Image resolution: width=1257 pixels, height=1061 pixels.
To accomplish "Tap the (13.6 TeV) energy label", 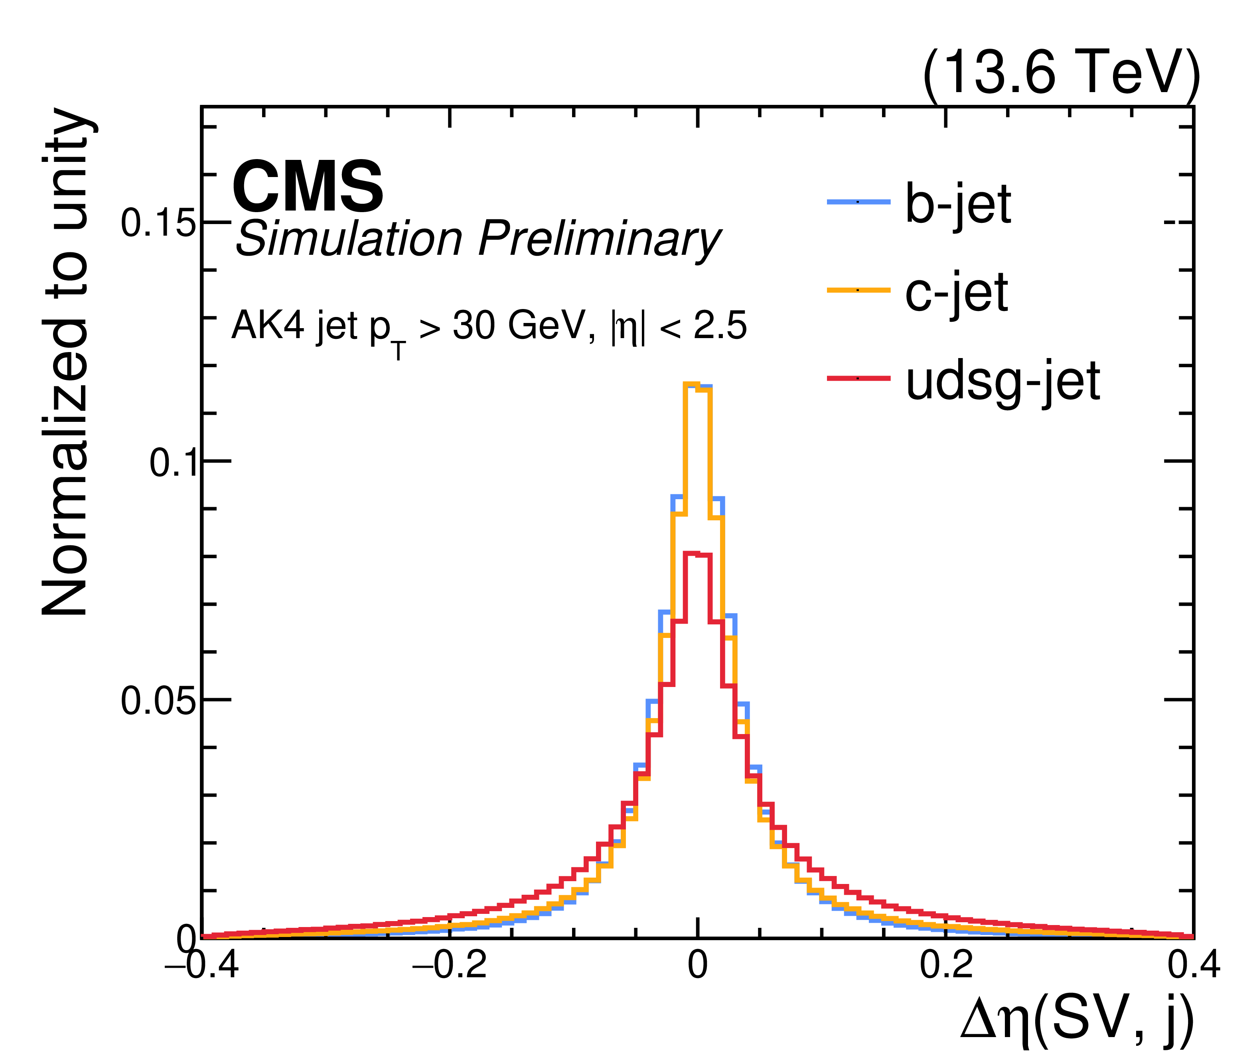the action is pyautogui.click(x=1061, y=72).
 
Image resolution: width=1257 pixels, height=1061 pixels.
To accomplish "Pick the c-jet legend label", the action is pyautogui.click(x=957, y=292).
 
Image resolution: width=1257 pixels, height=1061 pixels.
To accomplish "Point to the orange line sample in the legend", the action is pyautogui.click(x=858, y=290).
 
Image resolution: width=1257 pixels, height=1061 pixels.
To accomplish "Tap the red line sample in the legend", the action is pyautogui.click(x=858, y=378).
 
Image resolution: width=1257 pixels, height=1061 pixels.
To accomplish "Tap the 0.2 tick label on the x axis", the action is pyautogui.click(x=946, y=965).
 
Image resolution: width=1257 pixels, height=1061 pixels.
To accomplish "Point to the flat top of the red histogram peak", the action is pyautogui.click(x=697, y=554).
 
